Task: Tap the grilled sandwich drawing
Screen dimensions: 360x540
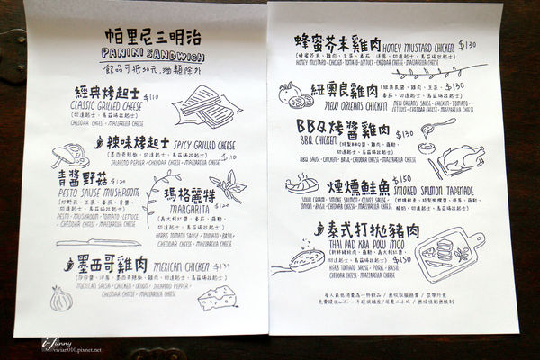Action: tap(205, 106)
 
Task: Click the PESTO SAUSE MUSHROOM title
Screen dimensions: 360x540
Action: tap(97, 192)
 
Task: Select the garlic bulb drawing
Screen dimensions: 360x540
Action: tap(60, 298)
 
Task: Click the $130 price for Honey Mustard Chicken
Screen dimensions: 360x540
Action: tap(467, 43)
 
